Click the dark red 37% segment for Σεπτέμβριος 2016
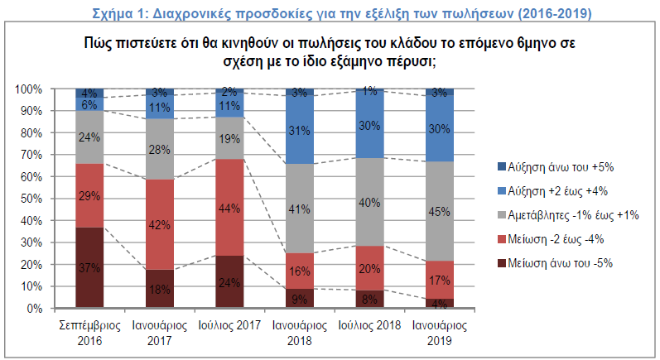89,267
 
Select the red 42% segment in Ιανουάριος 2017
160,224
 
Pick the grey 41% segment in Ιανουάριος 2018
300,209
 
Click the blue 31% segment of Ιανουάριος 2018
300,129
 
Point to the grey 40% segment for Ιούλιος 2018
369,202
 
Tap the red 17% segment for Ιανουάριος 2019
440,280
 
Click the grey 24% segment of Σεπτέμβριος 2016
89,137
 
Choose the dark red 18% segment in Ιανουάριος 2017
160,289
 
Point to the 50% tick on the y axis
32,199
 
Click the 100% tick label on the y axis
30,89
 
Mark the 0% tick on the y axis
36,309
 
